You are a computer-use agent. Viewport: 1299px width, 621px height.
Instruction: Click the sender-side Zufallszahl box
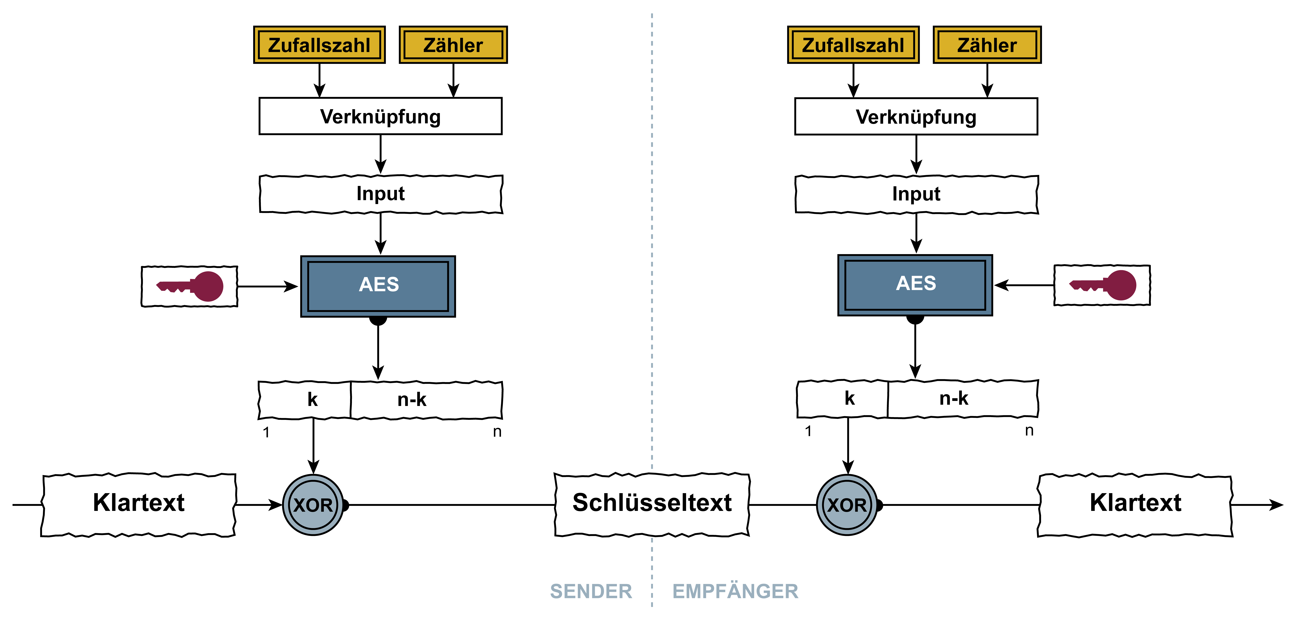pos(319,45)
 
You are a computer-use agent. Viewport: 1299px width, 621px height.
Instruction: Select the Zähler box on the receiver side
pos(987,45)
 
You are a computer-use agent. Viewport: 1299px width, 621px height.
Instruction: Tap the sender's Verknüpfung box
pos(380,116)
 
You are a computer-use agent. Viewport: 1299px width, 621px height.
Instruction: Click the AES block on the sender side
pos(378,285)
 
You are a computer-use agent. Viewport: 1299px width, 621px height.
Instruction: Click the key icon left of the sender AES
pos(190,286)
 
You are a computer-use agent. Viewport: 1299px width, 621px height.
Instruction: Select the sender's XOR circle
pos(313,505)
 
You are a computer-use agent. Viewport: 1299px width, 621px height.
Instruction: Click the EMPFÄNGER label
pos(735,591)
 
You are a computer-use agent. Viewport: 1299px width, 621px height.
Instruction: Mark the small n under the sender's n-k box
pos(497,432)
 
